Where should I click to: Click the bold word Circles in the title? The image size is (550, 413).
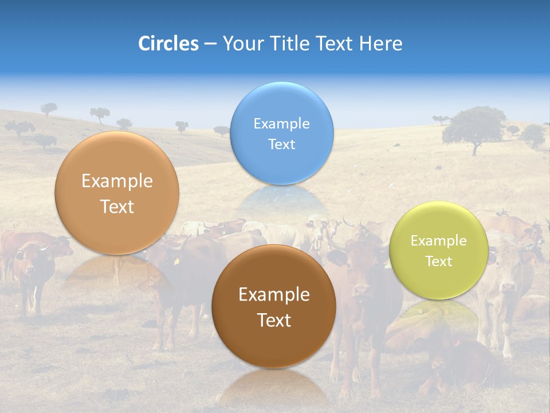(168, 44)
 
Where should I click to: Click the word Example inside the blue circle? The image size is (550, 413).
(281, 124)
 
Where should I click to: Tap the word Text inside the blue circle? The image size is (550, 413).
(281, 145)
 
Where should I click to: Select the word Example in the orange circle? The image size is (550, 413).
(117, 181)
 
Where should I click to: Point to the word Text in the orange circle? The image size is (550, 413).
(117, 207)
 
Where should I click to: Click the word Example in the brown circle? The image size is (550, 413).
(274, 295)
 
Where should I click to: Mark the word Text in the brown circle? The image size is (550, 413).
(274, 320)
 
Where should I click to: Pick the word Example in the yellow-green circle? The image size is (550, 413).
(438, 241)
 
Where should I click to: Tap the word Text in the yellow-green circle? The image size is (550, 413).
(438, 262)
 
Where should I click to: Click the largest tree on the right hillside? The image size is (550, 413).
(474, 127)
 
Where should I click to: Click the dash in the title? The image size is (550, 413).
(210, 44)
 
